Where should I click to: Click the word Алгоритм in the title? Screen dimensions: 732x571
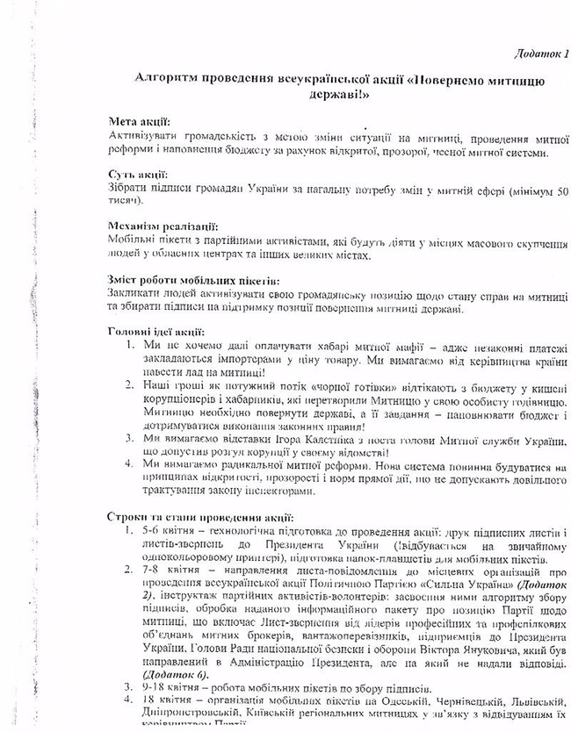click(166, 80)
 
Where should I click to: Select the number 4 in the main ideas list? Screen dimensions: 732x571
click(128, 464)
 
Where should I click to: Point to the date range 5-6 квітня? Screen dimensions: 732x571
click(163, 533)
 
